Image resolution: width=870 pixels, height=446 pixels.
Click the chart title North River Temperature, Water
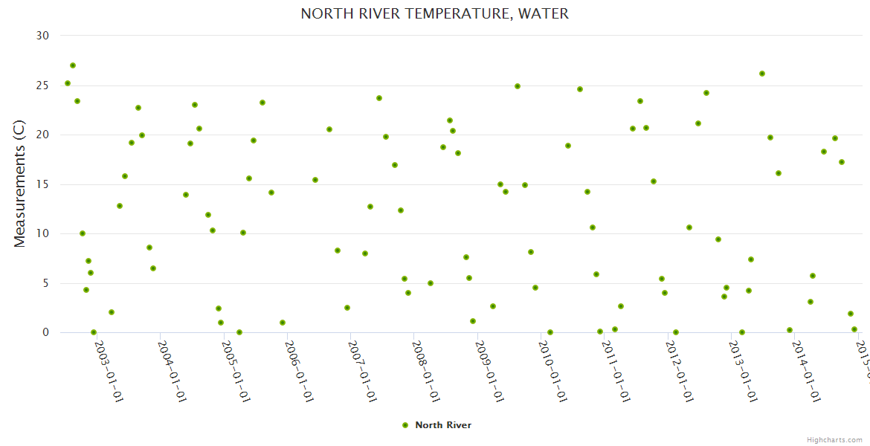point(434,14)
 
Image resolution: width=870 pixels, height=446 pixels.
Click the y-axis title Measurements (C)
point(20,184)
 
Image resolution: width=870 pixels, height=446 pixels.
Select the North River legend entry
point(442,425)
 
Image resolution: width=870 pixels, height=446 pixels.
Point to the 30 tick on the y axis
point(42,36)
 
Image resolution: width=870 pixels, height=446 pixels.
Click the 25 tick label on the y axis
point(42,85)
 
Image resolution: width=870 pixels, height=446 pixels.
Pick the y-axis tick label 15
point(42,184)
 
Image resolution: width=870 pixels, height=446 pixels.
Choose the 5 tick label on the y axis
point(45,283)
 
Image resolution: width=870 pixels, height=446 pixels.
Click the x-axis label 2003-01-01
point(109,361)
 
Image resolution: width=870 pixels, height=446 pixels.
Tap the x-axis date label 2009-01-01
point(490,361)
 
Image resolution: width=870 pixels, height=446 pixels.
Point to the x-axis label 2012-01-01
point(680,361)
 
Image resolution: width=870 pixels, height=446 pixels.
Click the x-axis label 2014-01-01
point(807,361)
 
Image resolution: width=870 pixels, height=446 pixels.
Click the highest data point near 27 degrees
point(73,65)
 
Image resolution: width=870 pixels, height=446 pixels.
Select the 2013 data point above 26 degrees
point(762,74)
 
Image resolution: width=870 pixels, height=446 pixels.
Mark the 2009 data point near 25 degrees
point(518,86)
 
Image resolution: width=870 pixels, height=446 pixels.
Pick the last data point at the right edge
point(854,329)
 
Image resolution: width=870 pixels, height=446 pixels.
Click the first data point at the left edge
point(68,83)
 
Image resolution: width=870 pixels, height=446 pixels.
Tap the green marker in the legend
point(405,425)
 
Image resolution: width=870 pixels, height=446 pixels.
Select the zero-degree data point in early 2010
point(550,332)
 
